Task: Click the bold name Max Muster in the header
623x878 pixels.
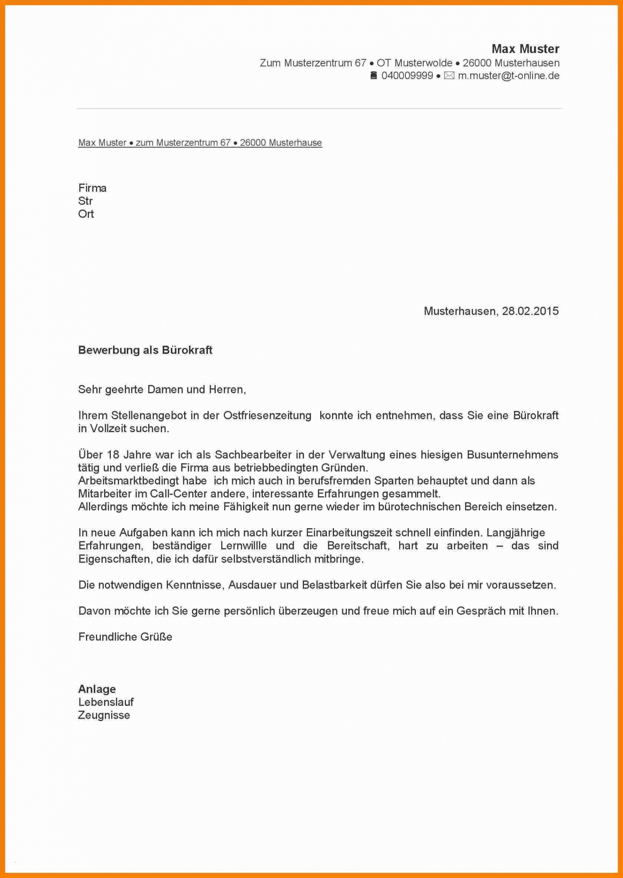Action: click(525, 49)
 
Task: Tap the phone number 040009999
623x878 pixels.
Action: click(407, 76)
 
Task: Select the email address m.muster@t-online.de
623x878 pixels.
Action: click(509, 76)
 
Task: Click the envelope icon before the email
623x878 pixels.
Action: click(449, 76)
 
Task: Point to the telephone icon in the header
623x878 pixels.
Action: click(373, 76)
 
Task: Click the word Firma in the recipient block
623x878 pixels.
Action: click(92, 188)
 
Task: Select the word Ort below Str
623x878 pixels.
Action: click(86, 214)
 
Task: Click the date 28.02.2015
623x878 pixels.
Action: click(530, 311)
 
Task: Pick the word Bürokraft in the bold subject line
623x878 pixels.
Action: click(187, 350)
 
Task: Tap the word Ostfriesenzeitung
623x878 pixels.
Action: click(267, 415)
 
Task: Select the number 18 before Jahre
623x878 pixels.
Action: click(113, 455)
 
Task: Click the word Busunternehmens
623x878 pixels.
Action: click(512, 455)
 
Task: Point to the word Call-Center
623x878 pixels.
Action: click(179, 494)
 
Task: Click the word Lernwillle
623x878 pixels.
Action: click(243, 546)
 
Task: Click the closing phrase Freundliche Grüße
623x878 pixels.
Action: click(125, 637)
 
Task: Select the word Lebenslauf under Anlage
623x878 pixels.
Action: click(106, 702)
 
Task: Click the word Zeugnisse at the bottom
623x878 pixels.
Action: click(104, 715)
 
